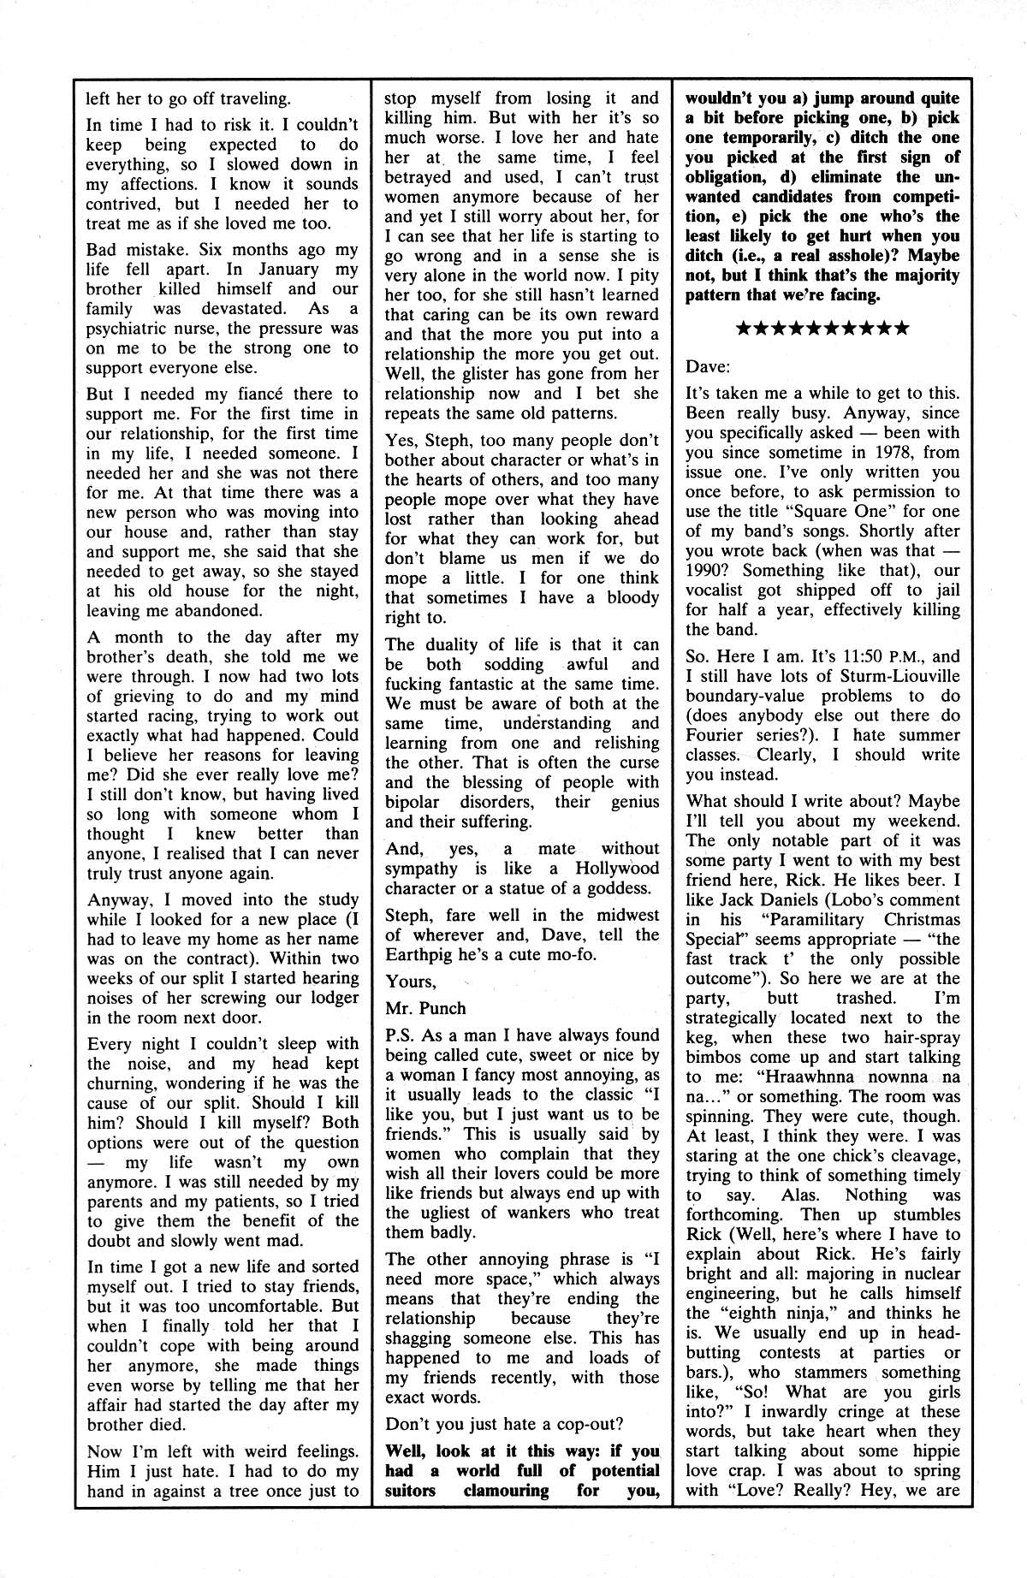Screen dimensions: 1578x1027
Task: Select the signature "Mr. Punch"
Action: coord(426,1008)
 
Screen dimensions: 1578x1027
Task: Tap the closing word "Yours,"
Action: coord(411,981)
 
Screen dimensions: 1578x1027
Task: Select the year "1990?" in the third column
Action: coord(714,570)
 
